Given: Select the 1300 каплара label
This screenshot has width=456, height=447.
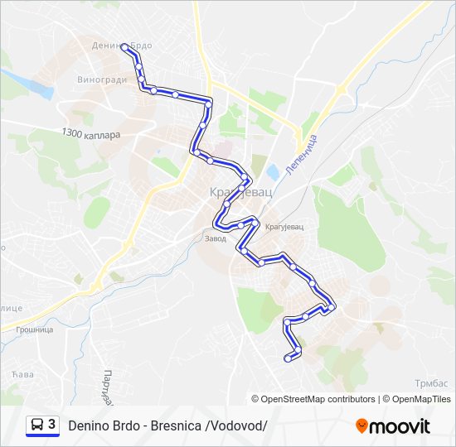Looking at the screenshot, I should pyautogui.click(x=90, y=133).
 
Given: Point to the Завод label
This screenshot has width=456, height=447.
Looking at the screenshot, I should pyautogui.click(x=215, y=239).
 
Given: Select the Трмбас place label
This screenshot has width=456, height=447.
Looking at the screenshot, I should pyautogui.click(x=431, y=382).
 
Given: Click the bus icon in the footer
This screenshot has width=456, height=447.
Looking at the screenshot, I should pyautogui.click(x=37, y=425).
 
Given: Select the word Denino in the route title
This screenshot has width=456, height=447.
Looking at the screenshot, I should pyautogui.click(x=90, y=426).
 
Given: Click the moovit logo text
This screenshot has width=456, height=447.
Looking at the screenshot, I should pyautogui.click(x=400, y=426).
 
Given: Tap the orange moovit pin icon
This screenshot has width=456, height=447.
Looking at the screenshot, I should pyautogui.click(x=361, y=426).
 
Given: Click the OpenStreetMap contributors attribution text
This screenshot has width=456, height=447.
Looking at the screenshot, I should pyautogui.click(x=313, y=399).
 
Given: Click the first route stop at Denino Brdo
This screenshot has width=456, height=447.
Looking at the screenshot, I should pyautogui.click(x=126, y=48).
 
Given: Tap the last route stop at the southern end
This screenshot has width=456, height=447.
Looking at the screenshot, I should pyautogui.click(x=288, y=358).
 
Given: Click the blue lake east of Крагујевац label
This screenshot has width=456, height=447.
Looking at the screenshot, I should pyautogui.click(x=272, y=172).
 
